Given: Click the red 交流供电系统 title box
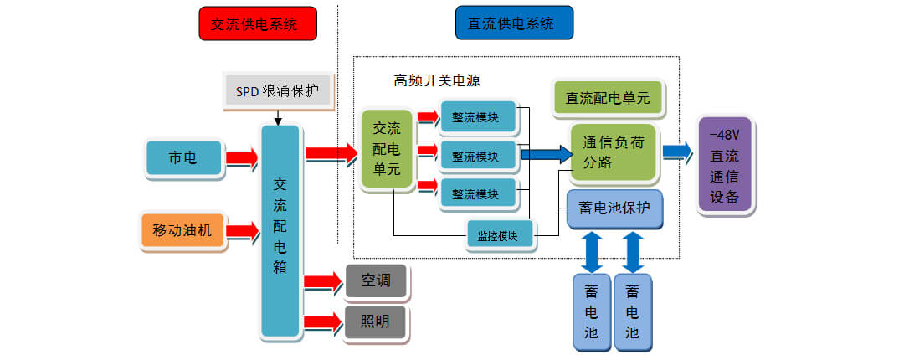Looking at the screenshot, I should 257,23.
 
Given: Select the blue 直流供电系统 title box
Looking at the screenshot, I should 514,23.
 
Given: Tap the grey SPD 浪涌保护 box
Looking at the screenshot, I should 278,90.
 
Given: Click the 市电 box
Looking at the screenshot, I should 185,158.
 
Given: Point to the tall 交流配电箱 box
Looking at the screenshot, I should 280,230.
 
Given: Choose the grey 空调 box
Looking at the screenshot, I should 376,281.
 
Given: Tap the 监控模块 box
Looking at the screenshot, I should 500,236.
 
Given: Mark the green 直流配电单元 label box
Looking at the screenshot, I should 608,98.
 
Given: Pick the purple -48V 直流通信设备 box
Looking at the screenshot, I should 724,165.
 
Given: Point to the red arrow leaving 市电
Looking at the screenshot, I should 242,158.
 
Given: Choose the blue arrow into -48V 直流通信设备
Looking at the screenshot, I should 677,152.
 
